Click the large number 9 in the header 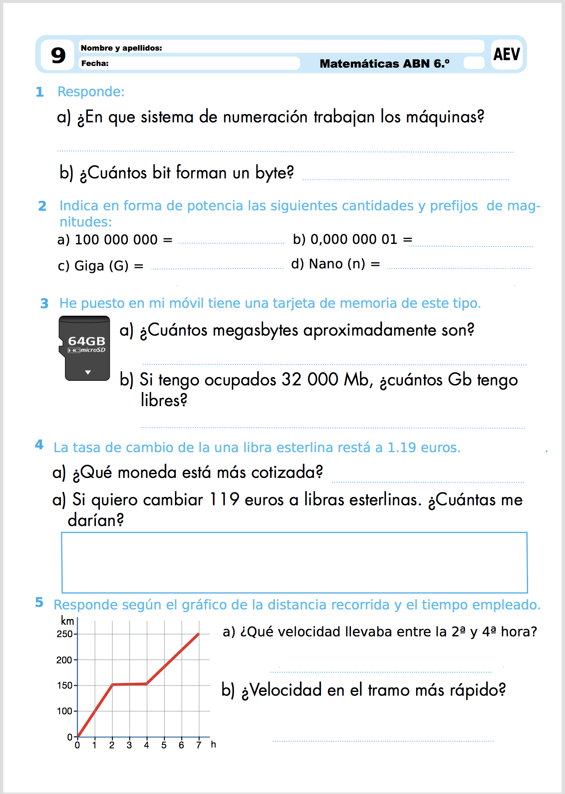[58, 55]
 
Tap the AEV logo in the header [507, 54]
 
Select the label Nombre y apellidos [121, 48]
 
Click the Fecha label [95, 63]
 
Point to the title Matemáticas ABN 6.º [384, 63]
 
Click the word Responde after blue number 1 [91, 92]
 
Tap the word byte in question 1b [274, 173]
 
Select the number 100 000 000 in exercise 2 [116, 240]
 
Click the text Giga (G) [101, 265]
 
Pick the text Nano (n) [337, 264]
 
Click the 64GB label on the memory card [86, 341]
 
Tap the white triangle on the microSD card [88, 372]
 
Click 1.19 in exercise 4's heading [401, 448]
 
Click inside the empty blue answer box [294, 562]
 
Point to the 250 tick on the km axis [65, 634]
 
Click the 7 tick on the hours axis [199, 745]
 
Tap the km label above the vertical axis [67, 621]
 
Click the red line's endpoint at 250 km [199, 634]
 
